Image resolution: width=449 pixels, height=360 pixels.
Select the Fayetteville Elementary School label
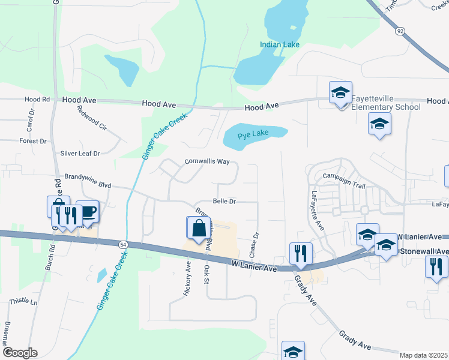[385, 103]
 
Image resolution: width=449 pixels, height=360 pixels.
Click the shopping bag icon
[198, 229]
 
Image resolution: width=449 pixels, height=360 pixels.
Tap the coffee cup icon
[88, 212]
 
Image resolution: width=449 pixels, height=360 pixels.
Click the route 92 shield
[399, 30]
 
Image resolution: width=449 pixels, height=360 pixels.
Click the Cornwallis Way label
[207, 161]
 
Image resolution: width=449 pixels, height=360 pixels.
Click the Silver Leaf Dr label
[80, 154]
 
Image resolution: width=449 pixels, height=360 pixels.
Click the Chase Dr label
[256, 242]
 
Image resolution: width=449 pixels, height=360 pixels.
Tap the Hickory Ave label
[187, 278]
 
